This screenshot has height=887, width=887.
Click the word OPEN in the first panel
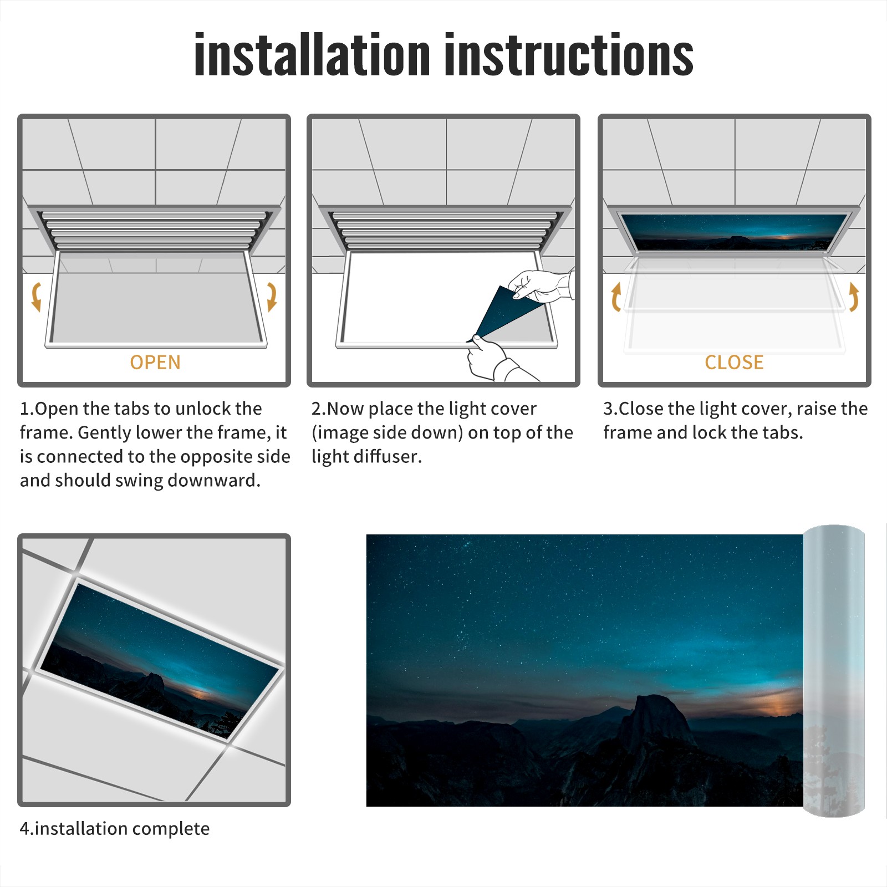click(x=155, y=362)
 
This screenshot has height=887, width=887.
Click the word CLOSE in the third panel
click(x=734, y=362)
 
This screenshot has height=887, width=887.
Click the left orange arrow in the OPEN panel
click(x=35, y=297)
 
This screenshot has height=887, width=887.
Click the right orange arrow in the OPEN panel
click(x=272, y=297)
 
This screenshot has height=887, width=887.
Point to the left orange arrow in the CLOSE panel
click(x=616, y=297)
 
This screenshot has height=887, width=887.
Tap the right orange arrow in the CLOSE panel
click(x=854, y=297)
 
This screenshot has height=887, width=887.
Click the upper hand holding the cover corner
click(x=541, y=286)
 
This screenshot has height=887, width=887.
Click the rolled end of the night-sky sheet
click(x=834, y=671)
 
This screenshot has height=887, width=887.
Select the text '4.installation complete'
click(x=115, y=829)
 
